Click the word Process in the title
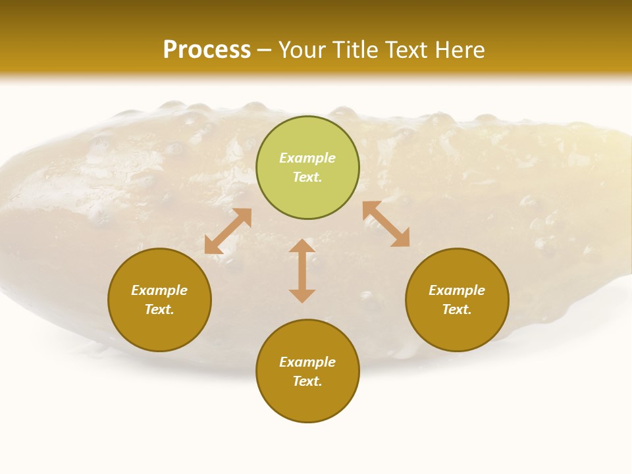pos(207,50)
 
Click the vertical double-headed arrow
pos(302,271)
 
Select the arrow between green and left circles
pos(228,231)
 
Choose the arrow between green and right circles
pos(386,224)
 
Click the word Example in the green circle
pos(307,158)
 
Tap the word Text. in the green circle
pos(307,177)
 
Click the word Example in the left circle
pos(159,290)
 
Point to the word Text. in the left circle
pos(159,309)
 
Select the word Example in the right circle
pos(457,290)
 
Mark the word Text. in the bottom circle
pos(307,381)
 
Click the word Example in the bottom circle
pos(307,362)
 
